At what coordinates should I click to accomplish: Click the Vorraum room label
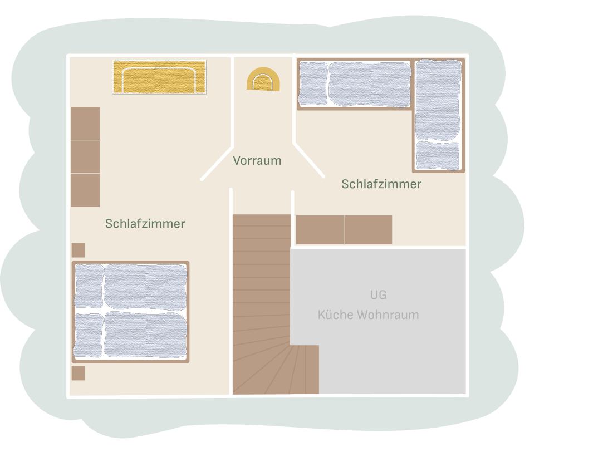pyautogui.click(x=257, y=160)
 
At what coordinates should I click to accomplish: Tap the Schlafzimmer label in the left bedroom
pyautogui.click(x=145, y=223)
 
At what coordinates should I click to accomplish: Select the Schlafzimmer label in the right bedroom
pyautogui.click(x=381, y=184)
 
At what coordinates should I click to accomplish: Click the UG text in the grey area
pyautogui.click(x=378, y=295)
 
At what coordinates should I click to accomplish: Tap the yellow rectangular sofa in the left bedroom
pyautogui.click(x=159, y=77)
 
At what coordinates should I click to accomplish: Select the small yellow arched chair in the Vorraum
pyautogui.click(x=263, y=80)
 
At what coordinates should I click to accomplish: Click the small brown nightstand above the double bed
pyautogui.click(x=78, y=250)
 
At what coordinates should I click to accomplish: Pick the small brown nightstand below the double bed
pyautogui.click(x=78, y=373)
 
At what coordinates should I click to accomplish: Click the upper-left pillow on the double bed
pyautogui.click(x=89, y=286)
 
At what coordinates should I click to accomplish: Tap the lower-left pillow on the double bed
pyautogui.click(x=89, y=335)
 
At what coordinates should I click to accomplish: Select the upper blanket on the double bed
pyautogui.click(x=145, y=287)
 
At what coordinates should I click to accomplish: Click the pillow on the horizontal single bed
pyautogui.click(x=313, y=83)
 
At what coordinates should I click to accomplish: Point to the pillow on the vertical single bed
pyautogui.click(x=438, y=156)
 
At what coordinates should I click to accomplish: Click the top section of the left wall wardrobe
pyautogui.click(x=85, y=123)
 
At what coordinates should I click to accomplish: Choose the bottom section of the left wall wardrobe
pyautogui.click(x=85, y=190)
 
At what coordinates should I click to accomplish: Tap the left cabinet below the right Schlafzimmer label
pyautogui.click(x=320, y=230)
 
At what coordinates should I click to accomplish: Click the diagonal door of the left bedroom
pyautogui.click(x=217, y=164)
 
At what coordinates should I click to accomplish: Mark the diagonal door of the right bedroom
pyautogui.click(x=309, y=160)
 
